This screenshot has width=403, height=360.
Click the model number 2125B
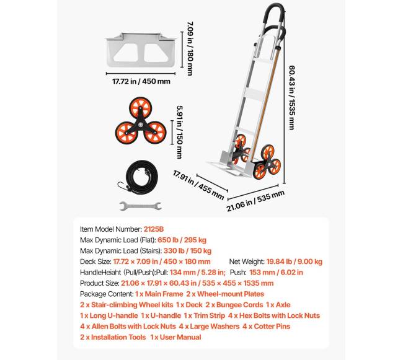[x=153, y=229]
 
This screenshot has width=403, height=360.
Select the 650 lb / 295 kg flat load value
[x=182, y=240]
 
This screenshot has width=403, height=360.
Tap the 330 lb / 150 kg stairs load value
[x=187, y=250]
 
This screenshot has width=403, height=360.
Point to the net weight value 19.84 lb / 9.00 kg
[x=294, y=261]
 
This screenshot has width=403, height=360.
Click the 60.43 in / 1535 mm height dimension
[x=292, y=97]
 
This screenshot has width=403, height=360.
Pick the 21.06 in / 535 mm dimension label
[x=255, y=201]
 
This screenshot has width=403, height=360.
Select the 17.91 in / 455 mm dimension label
[x=198, y=185]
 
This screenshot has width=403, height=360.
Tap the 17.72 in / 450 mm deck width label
[x=141, y=81]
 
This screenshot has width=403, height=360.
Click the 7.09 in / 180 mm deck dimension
[x=190, y=48]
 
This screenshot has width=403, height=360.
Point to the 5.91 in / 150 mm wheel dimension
[x=180, y=132]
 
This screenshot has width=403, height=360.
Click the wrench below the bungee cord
[x=141, y=206]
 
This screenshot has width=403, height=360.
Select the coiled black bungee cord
[x=139, y=177]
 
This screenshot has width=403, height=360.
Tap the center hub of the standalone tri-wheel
[x=141, y=124]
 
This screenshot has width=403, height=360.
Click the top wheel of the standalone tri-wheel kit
[x=140, y=108]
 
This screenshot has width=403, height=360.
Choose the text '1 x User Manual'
[x=175, y=337]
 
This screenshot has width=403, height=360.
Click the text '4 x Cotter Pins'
[x=266, y=326]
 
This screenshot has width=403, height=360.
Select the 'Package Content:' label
[x=107, y=294]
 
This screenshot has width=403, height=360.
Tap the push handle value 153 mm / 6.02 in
[x=276, y=272]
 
